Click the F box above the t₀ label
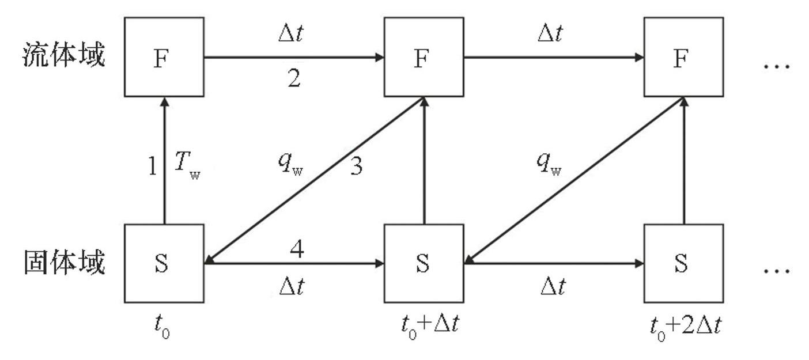pos(164,57)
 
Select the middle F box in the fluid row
pos(424,57)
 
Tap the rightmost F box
pos(683,57)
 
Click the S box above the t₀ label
pos(164,263)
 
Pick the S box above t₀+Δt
pos(424,263)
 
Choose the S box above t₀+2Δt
pos(683,263)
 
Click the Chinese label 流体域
pos(64,57)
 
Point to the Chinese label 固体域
pos(64,263)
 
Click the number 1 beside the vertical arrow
pos(152,167)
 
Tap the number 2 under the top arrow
pos(294,79)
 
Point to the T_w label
pos(187,168)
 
